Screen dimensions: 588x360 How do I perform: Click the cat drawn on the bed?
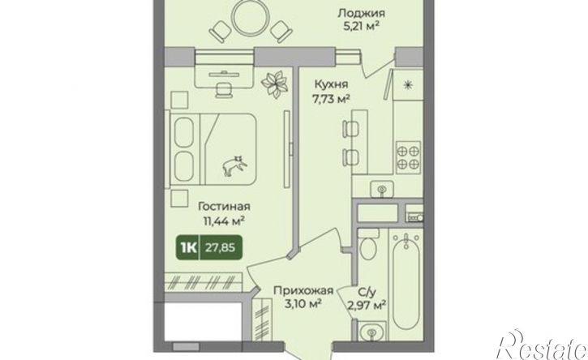point(234,165)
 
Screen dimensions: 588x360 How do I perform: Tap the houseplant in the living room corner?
point(274,84)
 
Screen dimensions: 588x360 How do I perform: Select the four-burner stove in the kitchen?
point(409,157)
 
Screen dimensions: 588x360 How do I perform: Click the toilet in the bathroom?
point(367,245)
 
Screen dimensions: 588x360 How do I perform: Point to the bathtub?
point(406,285)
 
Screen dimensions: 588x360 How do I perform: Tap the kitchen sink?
point(381,189)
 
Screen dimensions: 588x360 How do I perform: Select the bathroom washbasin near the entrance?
point(371,332)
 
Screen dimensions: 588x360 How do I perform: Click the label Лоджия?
point(361,14)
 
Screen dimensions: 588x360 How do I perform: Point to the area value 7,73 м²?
point(332,99)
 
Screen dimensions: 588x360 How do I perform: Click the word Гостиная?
point(224,206)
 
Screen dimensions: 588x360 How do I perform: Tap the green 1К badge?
point(189,247)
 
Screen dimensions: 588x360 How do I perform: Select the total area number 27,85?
point(220,247)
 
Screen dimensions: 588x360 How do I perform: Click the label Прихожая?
point(303,290)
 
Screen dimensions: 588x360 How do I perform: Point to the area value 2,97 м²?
point(367,306)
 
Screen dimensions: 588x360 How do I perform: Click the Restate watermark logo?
point(542,345)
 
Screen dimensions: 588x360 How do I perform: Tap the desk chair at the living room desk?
point(223,88)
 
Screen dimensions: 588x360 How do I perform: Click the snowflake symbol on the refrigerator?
point(407,85)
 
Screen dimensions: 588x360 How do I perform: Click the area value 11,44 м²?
point(224,220)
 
